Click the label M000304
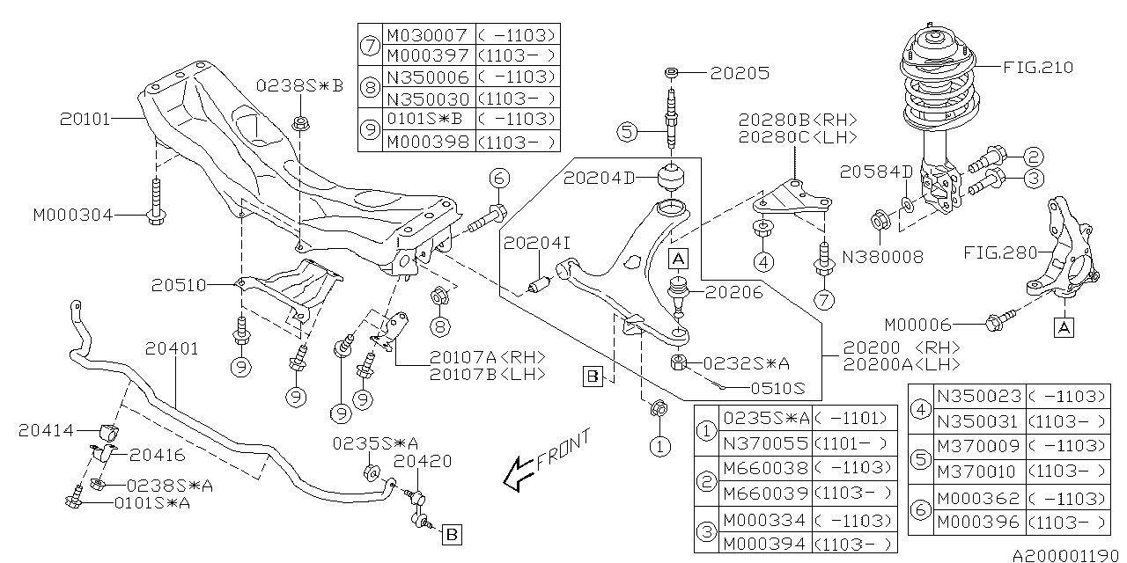tap(73, 214)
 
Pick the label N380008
tap(882, 257)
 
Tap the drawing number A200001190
tap(1067, 556)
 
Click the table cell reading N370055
tap(764, 442)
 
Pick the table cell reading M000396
tap(977, 522)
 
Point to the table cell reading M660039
tap(764, 494)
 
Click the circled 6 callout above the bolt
tap(498, 179)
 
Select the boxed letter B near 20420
tap(450, 533)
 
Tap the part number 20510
tap(178, 285)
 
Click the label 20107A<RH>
tap(488, 357)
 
